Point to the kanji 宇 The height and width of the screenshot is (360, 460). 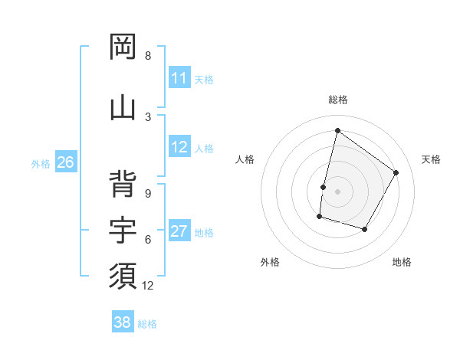(x=123, y=230)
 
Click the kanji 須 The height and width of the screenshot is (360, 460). (x=123, y=275)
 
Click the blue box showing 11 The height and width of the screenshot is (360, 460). (x=179, y=78)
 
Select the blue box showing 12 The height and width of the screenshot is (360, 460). (x=179, y=148)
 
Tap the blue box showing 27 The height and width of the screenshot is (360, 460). (x=179, y=232)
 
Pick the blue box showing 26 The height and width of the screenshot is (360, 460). (x=65, y=162)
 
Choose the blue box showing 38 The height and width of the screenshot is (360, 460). (x=123, y=322)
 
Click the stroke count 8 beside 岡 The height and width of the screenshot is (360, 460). (x=148, y=56)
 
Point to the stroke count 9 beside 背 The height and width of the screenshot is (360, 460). (x=148, y=194)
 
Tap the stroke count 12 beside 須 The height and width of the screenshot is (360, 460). (x=148, y=286)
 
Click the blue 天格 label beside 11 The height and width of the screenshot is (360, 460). (x=204, y=79)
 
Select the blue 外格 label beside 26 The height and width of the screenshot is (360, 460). (x=41, y=163)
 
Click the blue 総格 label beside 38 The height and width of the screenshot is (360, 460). (x=147, y=323)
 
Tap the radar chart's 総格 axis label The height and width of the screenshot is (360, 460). (x=337, y=100)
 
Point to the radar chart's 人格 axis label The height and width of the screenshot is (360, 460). (x=245, y=159)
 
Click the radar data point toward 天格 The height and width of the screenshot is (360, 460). (x=396, y=173)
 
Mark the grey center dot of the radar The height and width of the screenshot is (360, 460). (x=337, y=191)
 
